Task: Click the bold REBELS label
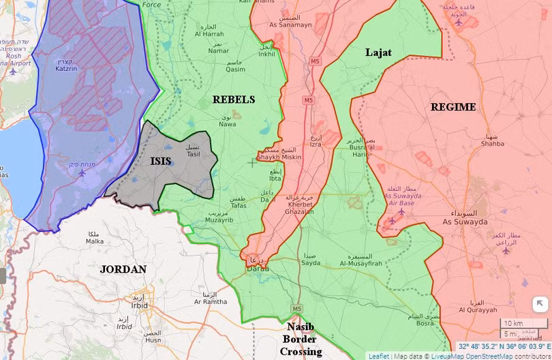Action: pos(233,100)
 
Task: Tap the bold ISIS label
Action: pos(161,162)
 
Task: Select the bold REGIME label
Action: pos(453,107)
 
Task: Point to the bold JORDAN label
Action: pos(123,269)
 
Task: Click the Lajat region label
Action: pos(378,52)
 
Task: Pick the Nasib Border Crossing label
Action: pos(301,339)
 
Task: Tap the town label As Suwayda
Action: pos(465,222)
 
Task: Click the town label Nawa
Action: pos(227,124)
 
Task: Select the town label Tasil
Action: pos(194,154)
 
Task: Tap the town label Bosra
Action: pos(425,323)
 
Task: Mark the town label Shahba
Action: pos(492,143)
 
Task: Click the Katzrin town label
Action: pos(65,68)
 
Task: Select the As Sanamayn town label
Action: pos(291,25)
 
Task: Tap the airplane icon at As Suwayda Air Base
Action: pos(401,211)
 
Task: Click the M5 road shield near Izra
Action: pos(309,100)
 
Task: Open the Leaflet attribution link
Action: pos(379,355)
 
